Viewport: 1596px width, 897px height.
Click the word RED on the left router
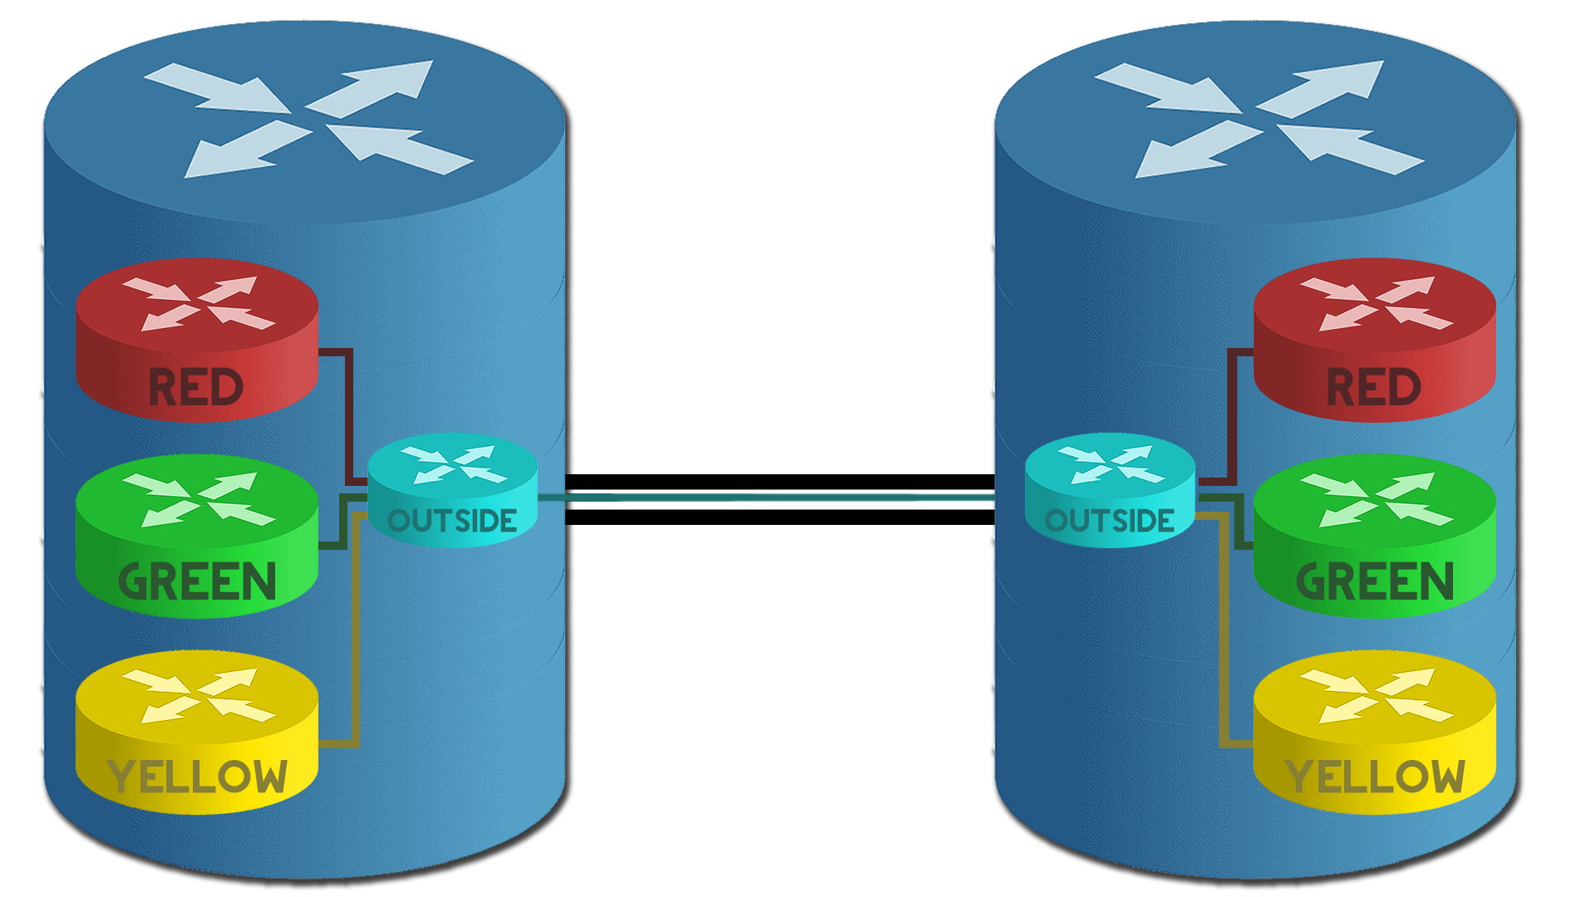[196, 388]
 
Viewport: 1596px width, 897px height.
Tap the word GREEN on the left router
[197, 581]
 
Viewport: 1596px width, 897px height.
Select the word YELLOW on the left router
[197, 777]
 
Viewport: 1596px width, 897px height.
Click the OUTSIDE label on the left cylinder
[452, 522]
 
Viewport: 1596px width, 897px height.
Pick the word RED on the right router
[1373, 388]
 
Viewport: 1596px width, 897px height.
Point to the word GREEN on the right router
[1375, 581]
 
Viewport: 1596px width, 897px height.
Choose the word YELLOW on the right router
[1375, 777]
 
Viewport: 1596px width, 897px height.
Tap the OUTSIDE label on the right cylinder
[1110, 522]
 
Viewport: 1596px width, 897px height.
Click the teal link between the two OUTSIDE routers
[765, 498]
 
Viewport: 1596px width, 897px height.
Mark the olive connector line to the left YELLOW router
[356, 631]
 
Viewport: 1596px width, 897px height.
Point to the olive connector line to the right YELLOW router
[1224, 631]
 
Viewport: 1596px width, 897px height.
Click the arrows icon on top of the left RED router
[199, 303]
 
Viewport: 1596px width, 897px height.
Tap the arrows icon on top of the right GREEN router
[1376, 499]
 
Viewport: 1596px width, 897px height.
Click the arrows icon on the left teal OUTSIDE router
[454, 465]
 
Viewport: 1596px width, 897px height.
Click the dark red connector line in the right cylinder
[1232, 415]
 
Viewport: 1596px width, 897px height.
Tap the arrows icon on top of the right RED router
[1376, 303]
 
